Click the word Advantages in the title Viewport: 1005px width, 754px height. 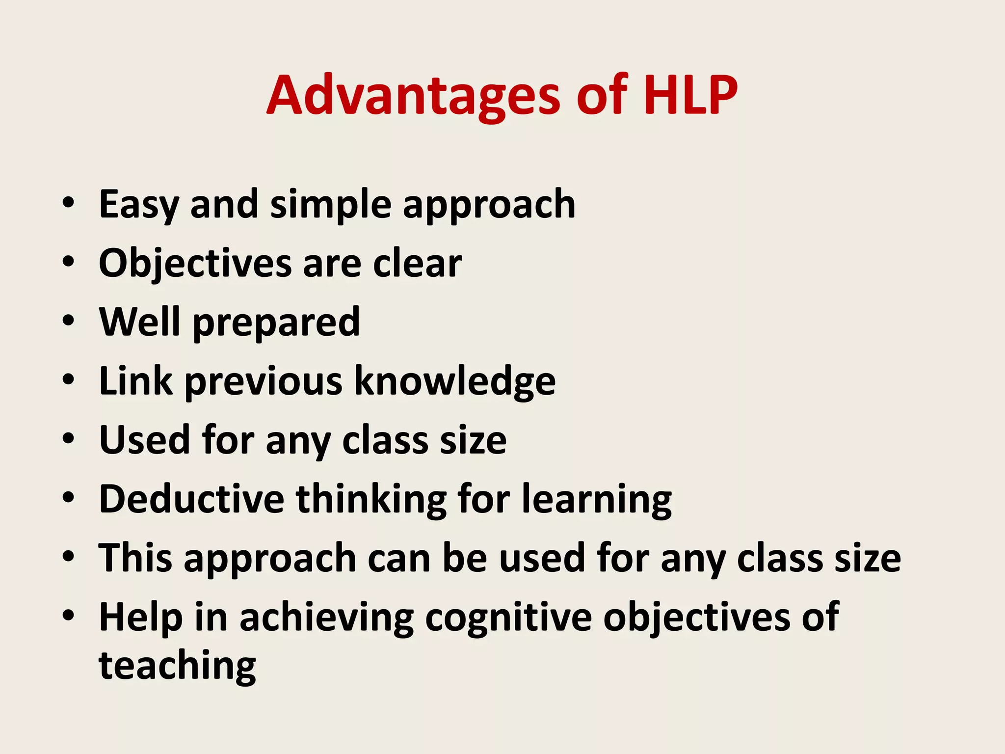tap(413, 96)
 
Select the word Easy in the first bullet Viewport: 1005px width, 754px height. tap(138, 205)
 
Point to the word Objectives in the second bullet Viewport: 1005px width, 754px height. tap(195, 264)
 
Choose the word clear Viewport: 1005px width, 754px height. tap(417, 264)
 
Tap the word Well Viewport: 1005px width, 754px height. tap(140, 322)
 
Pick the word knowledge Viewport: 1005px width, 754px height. tap(455, 382)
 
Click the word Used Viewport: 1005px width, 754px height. tap(144, 440)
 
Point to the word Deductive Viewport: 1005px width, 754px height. tap(191, 499)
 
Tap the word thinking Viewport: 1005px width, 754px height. tap(371, 500)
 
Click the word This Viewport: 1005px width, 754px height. tap(135, 558)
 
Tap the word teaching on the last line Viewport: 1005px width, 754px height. tap(177, 666)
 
